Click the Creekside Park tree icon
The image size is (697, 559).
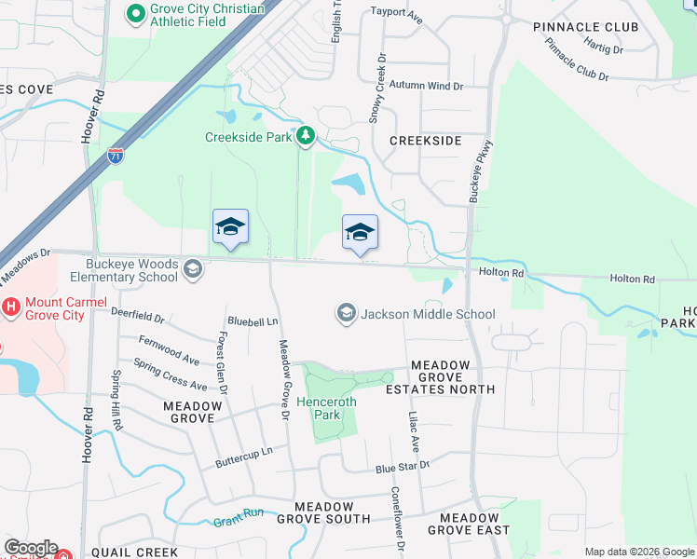coord(306,137)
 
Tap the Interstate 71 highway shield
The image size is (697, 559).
coord(116,156)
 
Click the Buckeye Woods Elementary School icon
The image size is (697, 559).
coord(193,269)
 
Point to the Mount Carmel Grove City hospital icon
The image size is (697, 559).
coord(11,305)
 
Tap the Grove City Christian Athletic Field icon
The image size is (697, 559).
coord(136,13)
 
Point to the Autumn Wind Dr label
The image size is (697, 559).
coord(427,86)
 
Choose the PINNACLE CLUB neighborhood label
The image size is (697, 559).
coord(586,27)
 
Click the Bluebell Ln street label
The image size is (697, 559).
coord(253,322)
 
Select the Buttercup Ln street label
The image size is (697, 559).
coord(243,451)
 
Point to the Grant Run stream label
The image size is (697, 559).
coord(239,515)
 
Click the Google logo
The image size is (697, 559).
coord(31,548)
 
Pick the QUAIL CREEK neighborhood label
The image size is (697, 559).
coord(137,552)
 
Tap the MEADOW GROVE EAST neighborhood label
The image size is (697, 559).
coord(474,524)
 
